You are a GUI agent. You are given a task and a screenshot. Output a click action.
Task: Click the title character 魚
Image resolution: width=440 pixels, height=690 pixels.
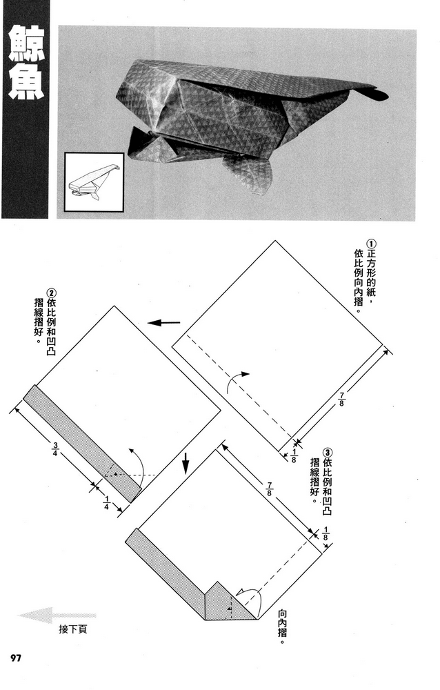click(x=24, y=86)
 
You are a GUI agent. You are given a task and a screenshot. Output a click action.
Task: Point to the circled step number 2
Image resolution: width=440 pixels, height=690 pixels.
click(x=49, y=293)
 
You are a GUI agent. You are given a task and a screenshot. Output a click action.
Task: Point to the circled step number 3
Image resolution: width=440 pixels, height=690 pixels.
click(x=326, y=453)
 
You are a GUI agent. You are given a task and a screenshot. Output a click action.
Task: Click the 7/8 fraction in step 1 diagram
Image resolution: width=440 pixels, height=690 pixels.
click(x=341, y=399)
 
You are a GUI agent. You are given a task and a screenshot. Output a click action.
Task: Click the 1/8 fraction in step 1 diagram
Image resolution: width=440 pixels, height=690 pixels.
click(x=292, y=455)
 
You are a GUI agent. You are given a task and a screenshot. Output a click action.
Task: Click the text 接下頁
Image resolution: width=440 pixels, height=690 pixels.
click(x=73, y=629)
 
